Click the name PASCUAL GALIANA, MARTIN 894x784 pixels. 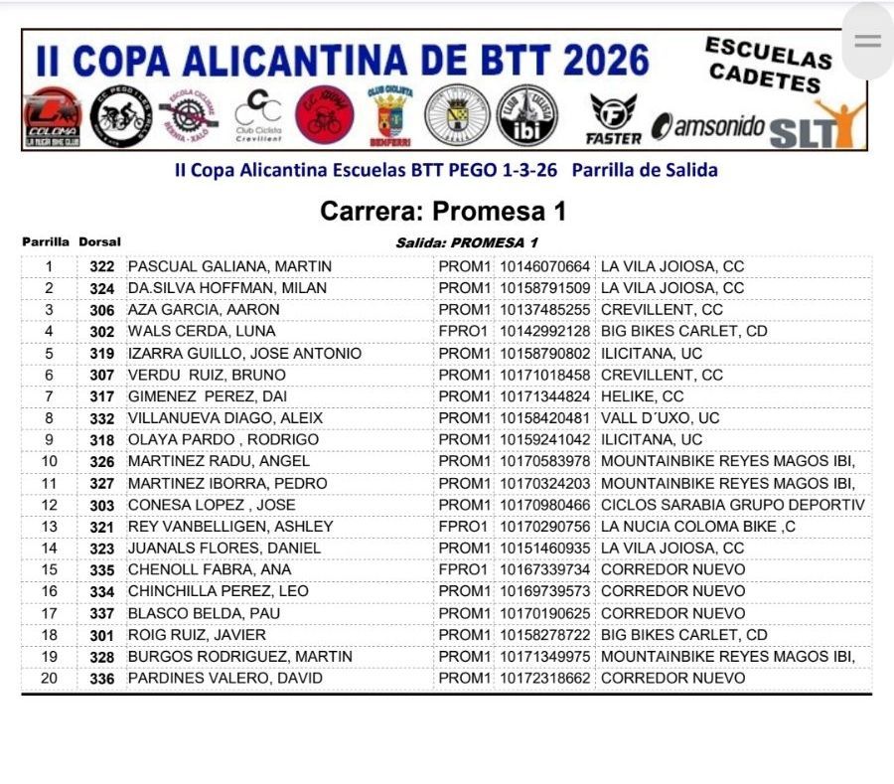pyautogui.click(x=229, y=266)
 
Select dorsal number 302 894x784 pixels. pyautogui.click(x=101, y=331)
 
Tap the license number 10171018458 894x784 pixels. pyautogui.click(x=544, y=375)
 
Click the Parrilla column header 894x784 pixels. pyautogui.click(x=46, y=241)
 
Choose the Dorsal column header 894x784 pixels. pyautogui.click(x=99, y=241)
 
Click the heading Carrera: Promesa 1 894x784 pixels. pyautogui.click(x=443, y=211)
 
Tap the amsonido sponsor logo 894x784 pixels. pyautogui.click(x=707, y=127)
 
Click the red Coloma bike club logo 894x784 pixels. pyautogui.click(x=52, y=118)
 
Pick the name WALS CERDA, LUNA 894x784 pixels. pyautogui.click(x=202, y=331)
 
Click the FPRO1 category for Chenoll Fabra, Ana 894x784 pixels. pyautogui.click(x=463, y=569)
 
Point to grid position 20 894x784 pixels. pyautogui.click(x=49, y=679)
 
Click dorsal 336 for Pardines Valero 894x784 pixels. pyautogui.click(x=101, y=679)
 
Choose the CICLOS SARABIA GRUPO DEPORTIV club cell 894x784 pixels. pyautogui.click(x=733, y=505)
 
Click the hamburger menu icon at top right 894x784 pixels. pyautogui.click(x=867, y=41)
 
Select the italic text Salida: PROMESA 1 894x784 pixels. pyautogui.click(x=466, y=242)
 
